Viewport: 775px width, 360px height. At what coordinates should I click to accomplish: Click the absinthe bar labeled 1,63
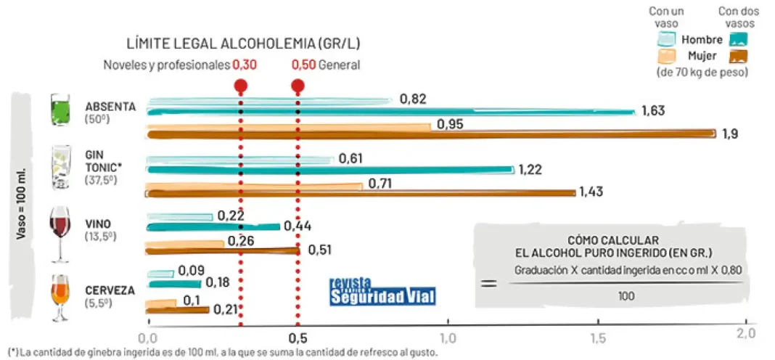click(392, 112)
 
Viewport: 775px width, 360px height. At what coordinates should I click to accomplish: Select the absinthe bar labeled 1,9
click(432, 134)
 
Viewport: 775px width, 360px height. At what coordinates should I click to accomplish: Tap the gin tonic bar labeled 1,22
click(330, 170)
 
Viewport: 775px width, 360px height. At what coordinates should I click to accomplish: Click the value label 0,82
click(412, 99)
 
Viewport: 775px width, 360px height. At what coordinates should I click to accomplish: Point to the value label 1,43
click(591, 192)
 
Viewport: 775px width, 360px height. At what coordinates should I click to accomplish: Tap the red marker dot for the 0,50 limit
click(298, 86)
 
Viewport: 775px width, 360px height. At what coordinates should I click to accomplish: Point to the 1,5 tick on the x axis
click(598, 338)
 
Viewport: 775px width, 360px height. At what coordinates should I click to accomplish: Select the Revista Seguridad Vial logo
click(383, 291)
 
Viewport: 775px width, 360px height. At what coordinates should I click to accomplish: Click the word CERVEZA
click(110, 290)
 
